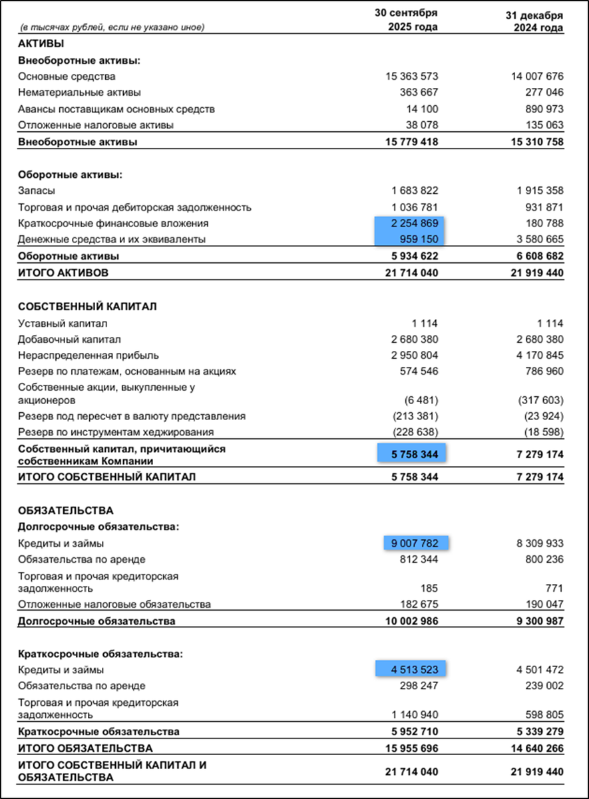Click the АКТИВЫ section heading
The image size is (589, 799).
(x=41, y=45)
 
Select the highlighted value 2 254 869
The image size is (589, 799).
(x=411, y=224)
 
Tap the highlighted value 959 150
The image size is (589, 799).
(x=419, y=239)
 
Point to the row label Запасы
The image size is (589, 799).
(x=37, y=191)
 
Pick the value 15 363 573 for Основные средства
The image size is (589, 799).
(x=411, y=77)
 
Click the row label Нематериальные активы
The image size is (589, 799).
(x=79, y=93)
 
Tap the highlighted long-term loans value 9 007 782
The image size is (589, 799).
(x=416, y=543)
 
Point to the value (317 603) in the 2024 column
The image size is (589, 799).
(x=540, y=400)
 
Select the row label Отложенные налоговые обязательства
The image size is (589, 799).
(x=114, y=605)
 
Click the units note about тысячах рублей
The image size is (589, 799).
(x=112, y=27)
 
